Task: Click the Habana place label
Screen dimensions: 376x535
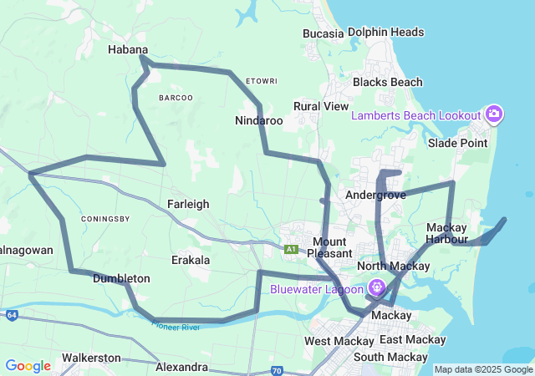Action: click(x=128, y=50)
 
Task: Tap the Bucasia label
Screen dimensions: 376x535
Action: click(x=324, y=33)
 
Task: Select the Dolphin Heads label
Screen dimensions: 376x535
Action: click(x=385, y=33)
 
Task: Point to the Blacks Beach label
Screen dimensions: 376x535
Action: click(x=387, y=83)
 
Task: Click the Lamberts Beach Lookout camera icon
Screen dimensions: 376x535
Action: click(x=494, y=114)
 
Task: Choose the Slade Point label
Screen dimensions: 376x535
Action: click(x=457, y=144)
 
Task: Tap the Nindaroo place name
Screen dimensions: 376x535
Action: click(x=258, y=121)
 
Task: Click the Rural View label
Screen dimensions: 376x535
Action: click(x=321, y=107)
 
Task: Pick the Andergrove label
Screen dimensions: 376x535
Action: click(x=375, y=195)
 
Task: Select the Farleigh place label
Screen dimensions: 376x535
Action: click(x=188, y=204)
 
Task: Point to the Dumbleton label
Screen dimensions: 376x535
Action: click(x=121, y=278)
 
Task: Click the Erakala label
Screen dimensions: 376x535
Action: click(x=191, y=260)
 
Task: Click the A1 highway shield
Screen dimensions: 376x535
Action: click(x=291, y=249)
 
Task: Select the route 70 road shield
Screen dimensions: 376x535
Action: click(x=277, y=369)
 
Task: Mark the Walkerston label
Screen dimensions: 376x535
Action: click(x=91, y=358)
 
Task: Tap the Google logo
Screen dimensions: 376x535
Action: click(x=28, y=366)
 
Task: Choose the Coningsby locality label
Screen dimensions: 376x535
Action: click(x=105, y=219)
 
